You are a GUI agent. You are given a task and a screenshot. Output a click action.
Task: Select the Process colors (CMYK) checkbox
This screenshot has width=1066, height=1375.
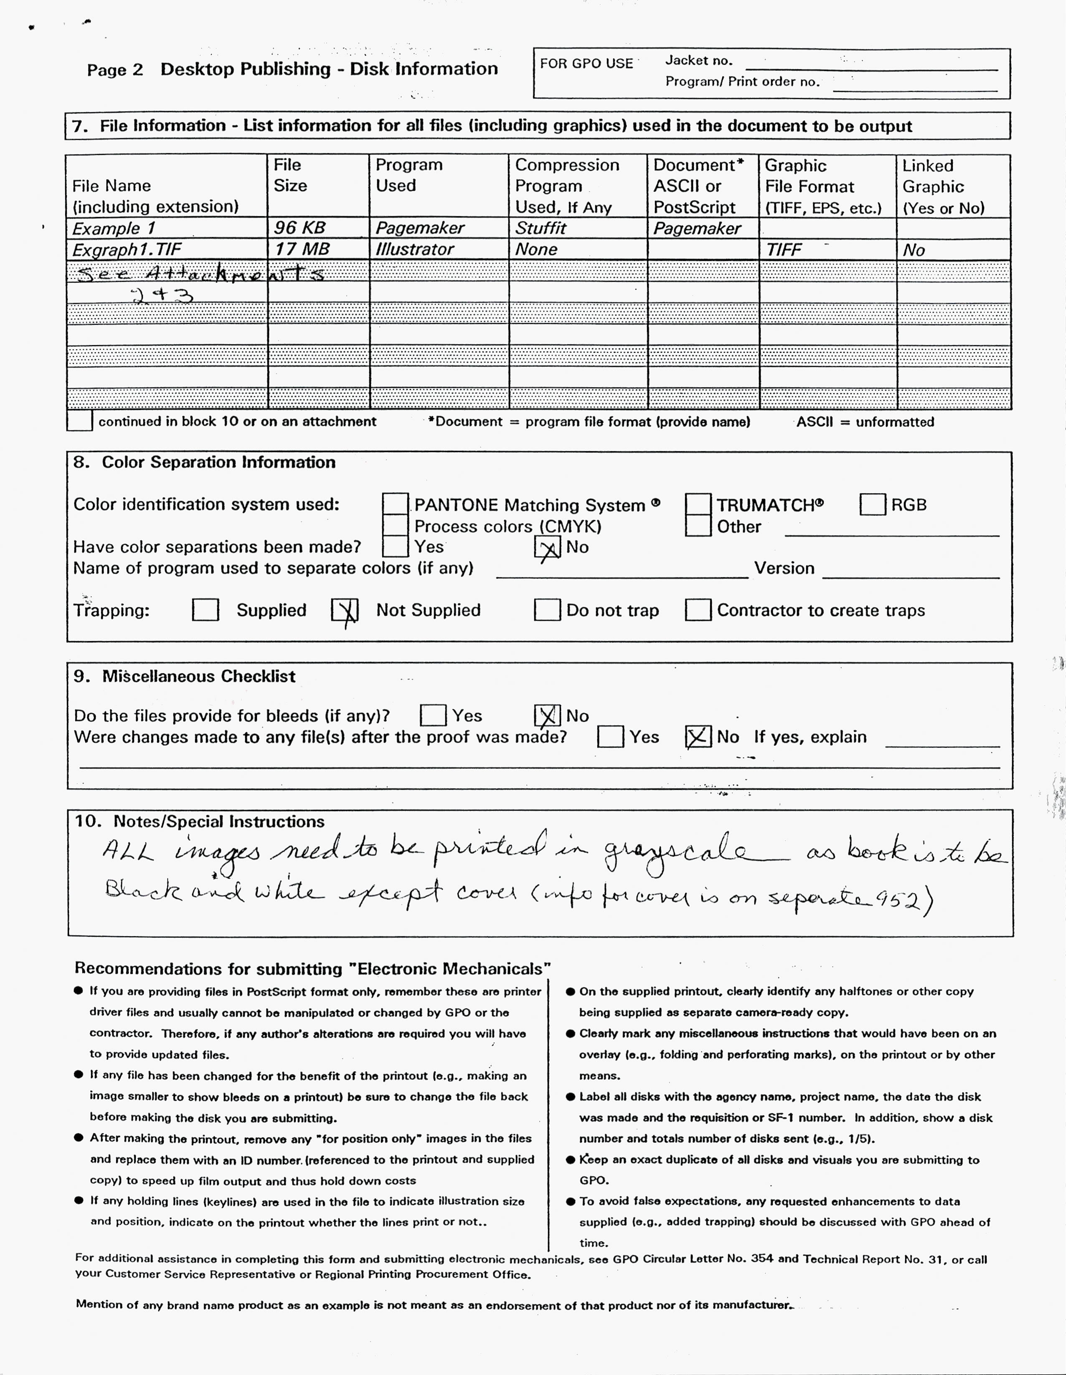[395, 526]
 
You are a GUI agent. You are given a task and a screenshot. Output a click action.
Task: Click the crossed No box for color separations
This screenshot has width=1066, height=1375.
[547, 547]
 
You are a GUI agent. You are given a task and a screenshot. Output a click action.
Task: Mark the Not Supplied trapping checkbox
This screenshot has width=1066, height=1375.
[345, 610]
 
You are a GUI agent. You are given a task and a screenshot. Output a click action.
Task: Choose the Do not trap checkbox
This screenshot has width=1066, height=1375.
[547, 610]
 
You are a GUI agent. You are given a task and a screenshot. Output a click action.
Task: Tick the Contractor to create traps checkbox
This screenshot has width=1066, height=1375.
[698, 610]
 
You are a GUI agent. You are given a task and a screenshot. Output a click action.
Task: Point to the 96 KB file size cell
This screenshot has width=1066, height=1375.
[300, 228]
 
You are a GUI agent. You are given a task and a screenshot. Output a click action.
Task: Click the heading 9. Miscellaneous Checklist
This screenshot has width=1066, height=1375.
[184, 676]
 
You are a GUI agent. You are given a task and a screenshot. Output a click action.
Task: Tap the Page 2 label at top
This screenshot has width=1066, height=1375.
[115, 70]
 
